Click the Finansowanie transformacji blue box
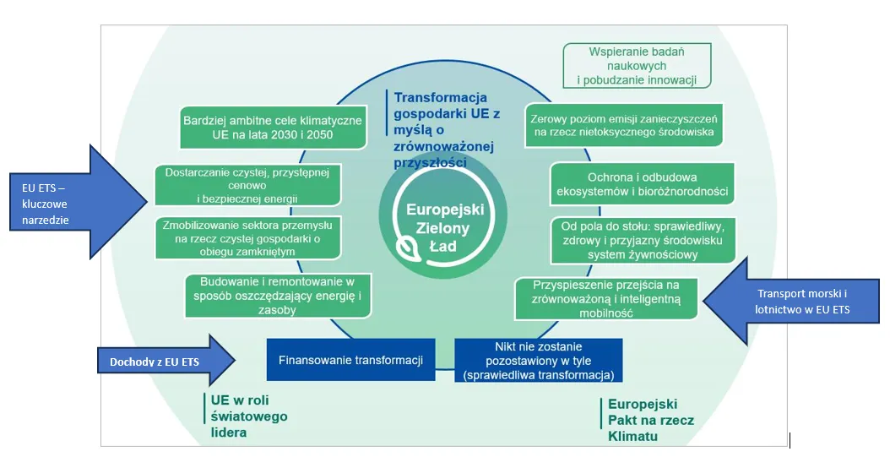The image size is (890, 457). (x=350, y=360)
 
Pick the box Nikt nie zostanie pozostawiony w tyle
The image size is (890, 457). (x=539, y=360)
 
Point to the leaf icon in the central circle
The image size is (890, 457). (x=407, y=248)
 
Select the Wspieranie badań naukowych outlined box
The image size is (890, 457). (x=636, y=66)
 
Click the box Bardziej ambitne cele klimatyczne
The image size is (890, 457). (x=272, y=128)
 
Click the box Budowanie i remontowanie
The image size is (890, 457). (x=279, y=296)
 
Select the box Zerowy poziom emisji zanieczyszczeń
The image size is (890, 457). (x=623, y=125)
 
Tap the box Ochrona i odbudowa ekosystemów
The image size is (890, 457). (x=642, y=183)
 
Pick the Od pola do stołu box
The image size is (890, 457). (x=642, y=241)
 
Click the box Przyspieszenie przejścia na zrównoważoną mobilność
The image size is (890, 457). (x=606, y=298)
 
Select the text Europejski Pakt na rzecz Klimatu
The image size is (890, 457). (x=643, y=420)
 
